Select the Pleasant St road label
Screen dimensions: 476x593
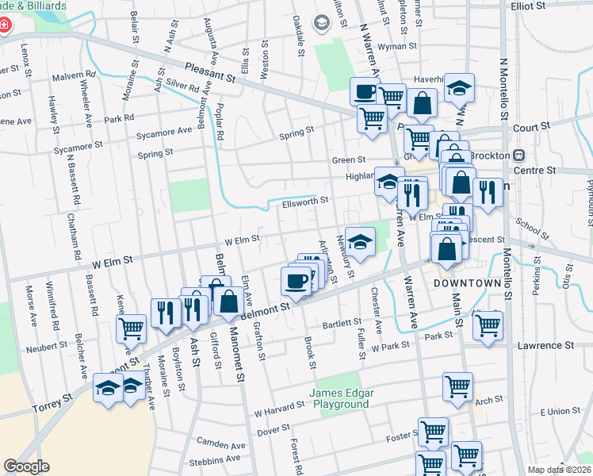(211, 74)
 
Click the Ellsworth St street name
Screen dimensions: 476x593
(304, 202)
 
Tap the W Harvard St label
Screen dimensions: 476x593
(279, 410)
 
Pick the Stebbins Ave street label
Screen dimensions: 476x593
(214, 459)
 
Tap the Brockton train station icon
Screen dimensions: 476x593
(521, 155)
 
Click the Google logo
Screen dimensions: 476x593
(27, 466)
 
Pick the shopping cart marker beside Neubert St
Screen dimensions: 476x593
(131, 327)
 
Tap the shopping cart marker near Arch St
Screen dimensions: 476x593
(457, 386)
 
